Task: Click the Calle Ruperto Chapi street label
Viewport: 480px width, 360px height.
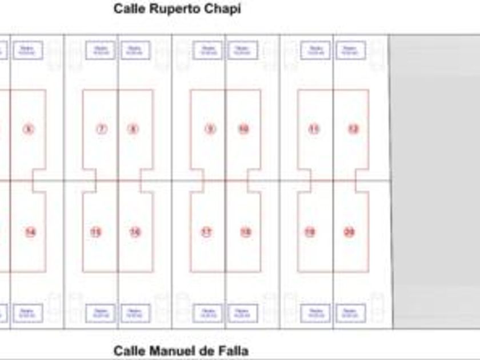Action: point(177,9)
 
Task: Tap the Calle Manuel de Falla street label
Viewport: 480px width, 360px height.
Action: point(181,350)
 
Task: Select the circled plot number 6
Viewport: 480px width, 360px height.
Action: point(28,129)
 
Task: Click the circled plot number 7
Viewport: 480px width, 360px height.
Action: point(101,129)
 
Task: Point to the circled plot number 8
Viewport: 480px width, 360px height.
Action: point(133,129)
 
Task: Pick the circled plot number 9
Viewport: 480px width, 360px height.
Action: point(210,129)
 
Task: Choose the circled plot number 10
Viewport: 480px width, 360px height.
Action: point(243,129)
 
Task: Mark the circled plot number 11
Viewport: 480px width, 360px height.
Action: point(314,129)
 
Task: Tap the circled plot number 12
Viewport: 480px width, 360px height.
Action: point(353,129)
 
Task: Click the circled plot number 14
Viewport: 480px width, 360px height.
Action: point(30,232)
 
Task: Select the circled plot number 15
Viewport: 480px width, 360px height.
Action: point(95,232)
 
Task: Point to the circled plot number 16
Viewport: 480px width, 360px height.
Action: point(135,232)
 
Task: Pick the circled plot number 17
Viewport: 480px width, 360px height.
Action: point(206,232)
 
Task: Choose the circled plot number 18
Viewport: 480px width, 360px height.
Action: point(246,232)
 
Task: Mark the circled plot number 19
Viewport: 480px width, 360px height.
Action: point(309,232)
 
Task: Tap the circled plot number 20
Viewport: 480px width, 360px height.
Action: point(349,232)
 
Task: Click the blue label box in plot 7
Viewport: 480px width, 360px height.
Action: point(101,50)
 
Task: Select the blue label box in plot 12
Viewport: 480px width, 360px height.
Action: point(351,50)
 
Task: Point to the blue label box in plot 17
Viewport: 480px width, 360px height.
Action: point(207,313)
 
